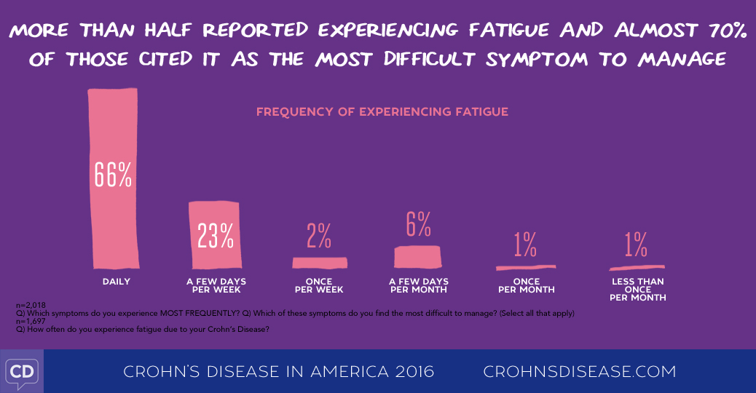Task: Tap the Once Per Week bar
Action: pos(320,263)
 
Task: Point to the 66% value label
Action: pos(113,174)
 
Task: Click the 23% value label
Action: pos(216,235)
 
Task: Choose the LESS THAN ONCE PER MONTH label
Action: pos(638,290)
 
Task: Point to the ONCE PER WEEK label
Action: pos(319,285)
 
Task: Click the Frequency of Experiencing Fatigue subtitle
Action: pos(382,112)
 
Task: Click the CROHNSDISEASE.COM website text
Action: pos(580,372)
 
